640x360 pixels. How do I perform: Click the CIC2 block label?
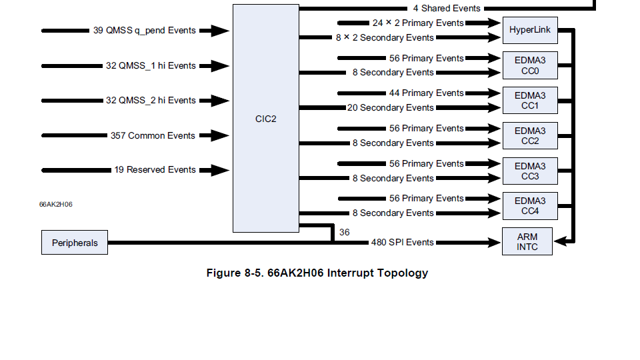(265, 119)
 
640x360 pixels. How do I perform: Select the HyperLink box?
(529, 30)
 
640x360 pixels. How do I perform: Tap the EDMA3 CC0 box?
(529, 65)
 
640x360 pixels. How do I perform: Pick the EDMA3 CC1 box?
(529, 101)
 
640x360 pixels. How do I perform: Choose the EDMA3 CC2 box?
(529, 136)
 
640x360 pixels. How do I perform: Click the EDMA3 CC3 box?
(529, 171)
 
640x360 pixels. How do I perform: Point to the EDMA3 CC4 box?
(529, 206)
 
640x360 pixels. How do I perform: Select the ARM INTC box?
(527, 241)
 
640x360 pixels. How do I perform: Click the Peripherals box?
(75, 243)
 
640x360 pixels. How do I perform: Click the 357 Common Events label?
(153, 135)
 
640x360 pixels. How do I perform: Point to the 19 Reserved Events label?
(155, 170)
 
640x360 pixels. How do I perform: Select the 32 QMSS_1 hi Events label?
(151, 66)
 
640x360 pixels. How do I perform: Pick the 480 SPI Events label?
(402, 243)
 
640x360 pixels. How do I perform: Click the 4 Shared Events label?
(446, 9)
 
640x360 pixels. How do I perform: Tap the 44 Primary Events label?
(426, 93)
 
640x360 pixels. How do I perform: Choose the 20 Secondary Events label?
(390, 108)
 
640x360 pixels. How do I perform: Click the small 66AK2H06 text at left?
(56, 204)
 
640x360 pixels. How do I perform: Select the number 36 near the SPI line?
(344, 233)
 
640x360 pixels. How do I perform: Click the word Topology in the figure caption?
(403, 273)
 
